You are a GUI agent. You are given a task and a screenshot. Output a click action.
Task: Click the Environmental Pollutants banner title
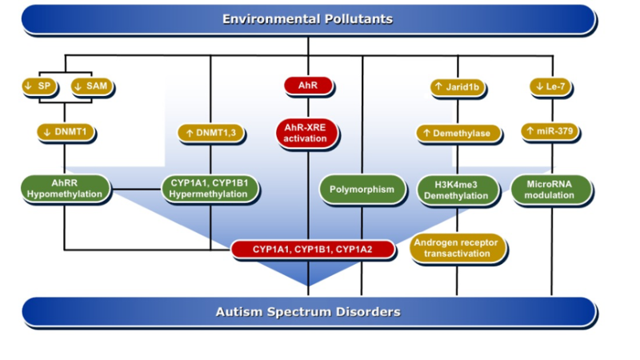tap(307, 19)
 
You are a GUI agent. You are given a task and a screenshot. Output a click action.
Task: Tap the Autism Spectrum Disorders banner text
tap(308, 312)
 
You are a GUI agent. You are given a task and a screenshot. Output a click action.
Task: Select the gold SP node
tap(39, 86)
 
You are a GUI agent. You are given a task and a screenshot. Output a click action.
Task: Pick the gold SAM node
tap(92, 86)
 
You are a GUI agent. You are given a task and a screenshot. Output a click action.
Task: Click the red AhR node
tap(308, 86)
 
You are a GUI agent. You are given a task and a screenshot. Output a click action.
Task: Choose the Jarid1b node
tap(458, 87)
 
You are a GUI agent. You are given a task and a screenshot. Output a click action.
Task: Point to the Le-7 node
tap(550, 86)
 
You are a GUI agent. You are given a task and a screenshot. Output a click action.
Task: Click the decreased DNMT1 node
tap(66, 132)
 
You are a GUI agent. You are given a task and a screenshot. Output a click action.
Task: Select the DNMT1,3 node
tap(211, 133)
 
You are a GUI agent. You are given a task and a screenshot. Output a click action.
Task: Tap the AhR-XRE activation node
tap(306, 133)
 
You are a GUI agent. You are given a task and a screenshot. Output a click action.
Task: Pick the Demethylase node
tap(458, 134)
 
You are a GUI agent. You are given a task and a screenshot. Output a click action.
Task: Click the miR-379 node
tap(550, 131)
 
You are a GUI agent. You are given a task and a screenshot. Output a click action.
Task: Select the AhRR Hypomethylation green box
tap(66, 189)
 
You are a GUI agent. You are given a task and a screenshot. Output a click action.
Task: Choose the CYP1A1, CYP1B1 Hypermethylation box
tap(210, 189)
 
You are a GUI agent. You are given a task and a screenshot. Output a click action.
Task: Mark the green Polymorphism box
tap(362, 190)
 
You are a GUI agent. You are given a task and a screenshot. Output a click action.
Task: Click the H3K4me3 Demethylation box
tap(457, 190)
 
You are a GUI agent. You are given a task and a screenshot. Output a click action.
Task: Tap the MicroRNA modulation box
tap(550, 190)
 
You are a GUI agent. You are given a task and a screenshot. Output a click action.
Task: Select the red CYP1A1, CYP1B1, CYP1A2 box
tap(313, 250)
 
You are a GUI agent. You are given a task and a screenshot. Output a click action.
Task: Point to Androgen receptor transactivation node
tap(457, 248)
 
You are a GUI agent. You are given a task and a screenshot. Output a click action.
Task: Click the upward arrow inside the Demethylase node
tap(426, 133)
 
